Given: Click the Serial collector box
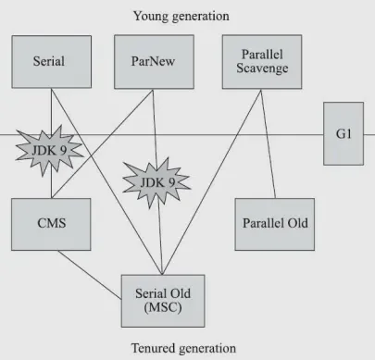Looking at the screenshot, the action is (52, 62).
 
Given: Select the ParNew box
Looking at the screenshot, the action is (154, 62).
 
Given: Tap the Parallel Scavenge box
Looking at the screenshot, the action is (262, 62).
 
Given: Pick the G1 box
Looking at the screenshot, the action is (344, 133).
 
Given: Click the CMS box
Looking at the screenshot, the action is (51, 224).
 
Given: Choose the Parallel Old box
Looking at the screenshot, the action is (275, 224).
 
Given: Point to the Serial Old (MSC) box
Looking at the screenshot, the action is (163, 301).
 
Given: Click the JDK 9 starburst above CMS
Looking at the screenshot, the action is (49, 151).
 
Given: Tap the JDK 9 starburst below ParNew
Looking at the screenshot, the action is (156, 182).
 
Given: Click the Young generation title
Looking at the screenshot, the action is (181, 16).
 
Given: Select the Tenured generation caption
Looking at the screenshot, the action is (183, 348).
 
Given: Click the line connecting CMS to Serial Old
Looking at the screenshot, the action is (90, 275).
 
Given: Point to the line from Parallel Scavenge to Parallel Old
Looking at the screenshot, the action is (269, 143).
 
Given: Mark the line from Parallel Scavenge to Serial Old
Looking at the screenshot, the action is (211, 182).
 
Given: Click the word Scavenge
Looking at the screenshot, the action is (262, 68).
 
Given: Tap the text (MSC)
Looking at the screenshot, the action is (163, 307).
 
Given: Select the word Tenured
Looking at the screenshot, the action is (153, 348).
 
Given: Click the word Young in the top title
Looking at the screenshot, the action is (151, 16).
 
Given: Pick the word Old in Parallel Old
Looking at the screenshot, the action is (298, 223).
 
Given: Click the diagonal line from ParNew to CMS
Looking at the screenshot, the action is (102, 143).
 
